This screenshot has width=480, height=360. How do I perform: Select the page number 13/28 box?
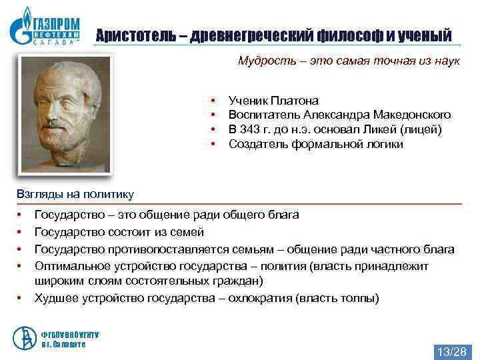(x=452, y=351)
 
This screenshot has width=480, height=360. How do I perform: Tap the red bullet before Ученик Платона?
(x=213, y=101)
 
